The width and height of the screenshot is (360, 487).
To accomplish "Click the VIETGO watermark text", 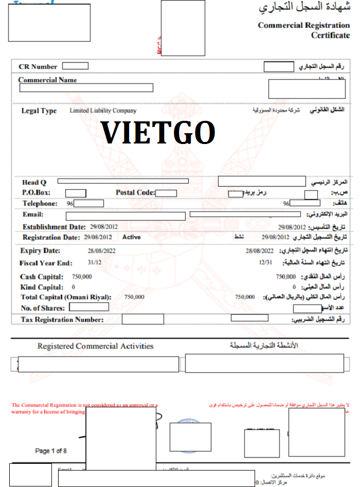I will pyautogui.click(x=158, y=133).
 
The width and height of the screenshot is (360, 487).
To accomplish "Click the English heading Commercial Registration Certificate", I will pyautogui.click(x=303, y=30).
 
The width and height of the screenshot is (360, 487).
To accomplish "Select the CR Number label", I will pyautogui.click(x=38, y=67).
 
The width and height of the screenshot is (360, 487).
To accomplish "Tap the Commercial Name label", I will pyautogui.click(x=47, y=80).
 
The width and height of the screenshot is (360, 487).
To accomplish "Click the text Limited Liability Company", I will pyautogui.click(x=103, y=111).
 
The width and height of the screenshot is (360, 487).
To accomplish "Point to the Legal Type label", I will pyautogui.click(x=39, y=111).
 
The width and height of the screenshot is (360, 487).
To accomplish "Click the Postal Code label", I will pyautogui.click(x=135, y=193).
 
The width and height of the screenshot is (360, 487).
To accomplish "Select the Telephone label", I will pyautogui.click(x=39, y=204).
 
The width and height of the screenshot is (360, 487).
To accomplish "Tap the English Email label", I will pyautogui.click(x=33, y=214).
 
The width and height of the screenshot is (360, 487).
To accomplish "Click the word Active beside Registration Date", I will pyautogui.click(x=131, y=238).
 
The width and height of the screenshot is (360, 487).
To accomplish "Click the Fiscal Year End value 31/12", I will pyautogui.click(x=95, y=263).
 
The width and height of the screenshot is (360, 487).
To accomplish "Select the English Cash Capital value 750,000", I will pyautogui.click(x=82, y=277).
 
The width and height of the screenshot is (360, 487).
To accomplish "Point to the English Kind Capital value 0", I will pyautogui.click(x=74, y=287).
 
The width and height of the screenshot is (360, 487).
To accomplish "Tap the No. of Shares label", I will pyautogui.click(x=43, y=308).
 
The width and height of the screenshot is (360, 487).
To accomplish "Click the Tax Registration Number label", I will pyautogui.click(x=62, y=320).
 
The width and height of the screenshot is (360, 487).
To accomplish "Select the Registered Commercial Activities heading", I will pyautogui.click(x=95, y=346).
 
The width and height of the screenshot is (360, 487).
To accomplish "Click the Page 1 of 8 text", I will pyautogui.click(x=51, y=451).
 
